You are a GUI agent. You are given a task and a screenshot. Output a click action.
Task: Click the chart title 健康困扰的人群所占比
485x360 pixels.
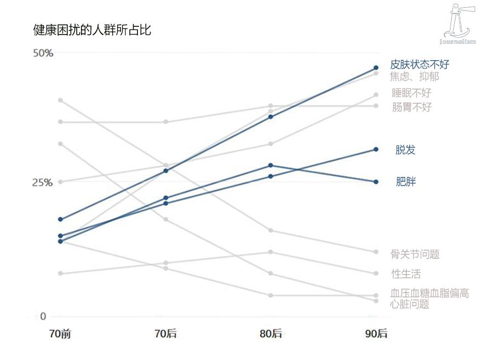(92, 30)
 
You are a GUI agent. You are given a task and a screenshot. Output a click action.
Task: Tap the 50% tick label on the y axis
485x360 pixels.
(43, 53)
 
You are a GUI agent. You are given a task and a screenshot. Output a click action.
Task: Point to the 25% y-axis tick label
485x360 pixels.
(43, 182)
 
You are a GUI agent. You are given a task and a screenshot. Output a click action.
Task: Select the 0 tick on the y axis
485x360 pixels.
(43, 316)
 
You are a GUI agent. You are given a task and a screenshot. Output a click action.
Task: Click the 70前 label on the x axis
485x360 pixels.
(60, 334)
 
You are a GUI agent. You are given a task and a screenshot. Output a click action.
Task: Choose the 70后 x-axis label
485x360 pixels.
(166, 334)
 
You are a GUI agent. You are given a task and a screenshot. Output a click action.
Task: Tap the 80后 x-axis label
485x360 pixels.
(271, 334)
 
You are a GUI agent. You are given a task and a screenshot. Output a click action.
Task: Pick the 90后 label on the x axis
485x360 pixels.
(376, 334)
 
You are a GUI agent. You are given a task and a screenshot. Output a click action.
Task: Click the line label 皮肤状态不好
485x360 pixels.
(419, 65)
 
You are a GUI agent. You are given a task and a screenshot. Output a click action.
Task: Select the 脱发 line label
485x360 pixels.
(406, 150)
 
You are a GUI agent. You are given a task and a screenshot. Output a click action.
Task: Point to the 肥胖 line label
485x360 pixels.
(406, 182)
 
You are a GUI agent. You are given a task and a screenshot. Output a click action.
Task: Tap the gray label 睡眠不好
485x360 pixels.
(412, 92)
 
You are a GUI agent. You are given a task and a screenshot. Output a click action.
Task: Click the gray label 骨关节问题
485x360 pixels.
(415, 254)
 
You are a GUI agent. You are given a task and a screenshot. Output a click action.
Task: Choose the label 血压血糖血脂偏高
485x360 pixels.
(430, 293)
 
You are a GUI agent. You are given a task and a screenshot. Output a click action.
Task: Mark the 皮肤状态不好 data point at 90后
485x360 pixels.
(376, 68)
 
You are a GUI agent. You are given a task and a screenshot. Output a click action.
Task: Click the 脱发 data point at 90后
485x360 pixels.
(376, 149)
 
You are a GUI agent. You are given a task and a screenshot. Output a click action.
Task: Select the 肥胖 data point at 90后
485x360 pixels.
(376, 182)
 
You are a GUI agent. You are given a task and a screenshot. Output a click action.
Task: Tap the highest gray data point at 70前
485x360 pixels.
(60, 100)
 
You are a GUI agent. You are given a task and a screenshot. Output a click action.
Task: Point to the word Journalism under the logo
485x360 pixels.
(458, 41)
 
